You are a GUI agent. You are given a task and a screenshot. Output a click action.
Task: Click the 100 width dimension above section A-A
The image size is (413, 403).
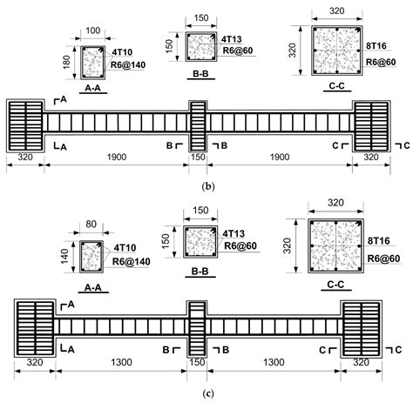[x=93, y=30]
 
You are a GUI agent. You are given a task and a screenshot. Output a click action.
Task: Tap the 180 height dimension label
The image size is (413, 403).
[x=66, y=62]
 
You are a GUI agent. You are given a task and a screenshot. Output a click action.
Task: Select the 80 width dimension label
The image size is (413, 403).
[x=91, y=224]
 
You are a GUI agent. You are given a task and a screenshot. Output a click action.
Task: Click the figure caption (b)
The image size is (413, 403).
[x=208, y=186]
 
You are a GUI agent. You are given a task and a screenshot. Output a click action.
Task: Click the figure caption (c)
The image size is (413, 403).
[x=208, y=393]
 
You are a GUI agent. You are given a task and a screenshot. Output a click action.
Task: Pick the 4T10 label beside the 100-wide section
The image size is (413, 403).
[x=122, y=52]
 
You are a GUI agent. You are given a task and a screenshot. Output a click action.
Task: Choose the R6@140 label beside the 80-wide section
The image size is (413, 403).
[x=132, y=261]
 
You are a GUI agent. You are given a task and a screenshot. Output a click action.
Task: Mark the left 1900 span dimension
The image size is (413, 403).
[x=117, y=157]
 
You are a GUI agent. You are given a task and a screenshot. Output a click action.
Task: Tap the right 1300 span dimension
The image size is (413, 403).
[x=274, y=362]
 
